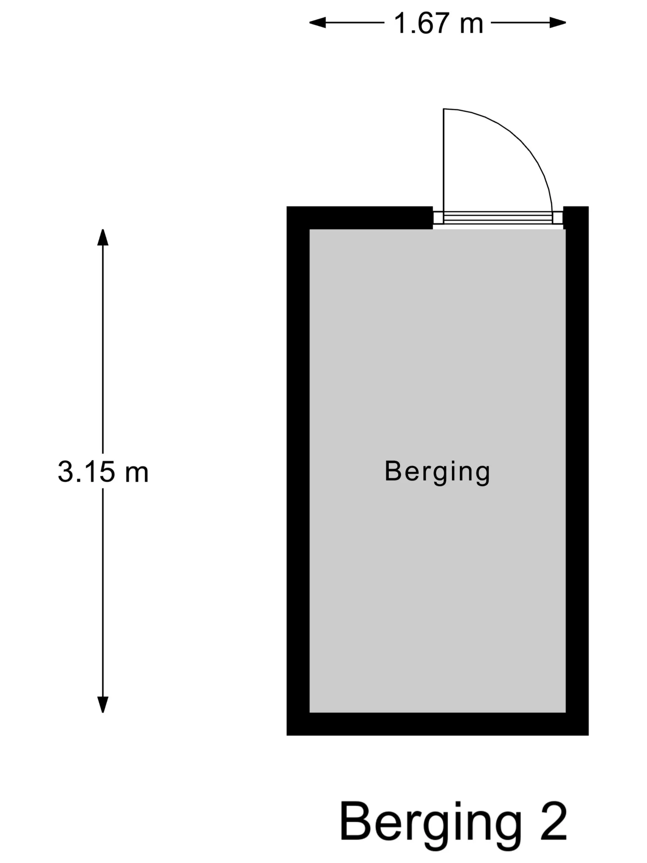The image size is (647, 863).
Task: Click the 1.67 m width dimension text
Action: click(x=438, y=23)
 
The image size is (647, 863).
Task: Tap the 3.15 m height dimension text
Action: click(x=103, y=472)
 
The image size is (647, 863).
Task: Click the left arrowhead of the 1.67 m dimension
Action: click(x=317, y=22)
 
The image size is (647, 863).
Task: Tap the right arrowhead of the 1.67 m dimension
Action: click(x=558, y=22)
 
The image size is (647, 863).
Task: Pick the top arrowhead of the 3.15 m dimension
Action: click(x=103, y=237)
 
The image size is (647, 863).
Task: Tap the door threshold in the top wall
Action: click(x=498, y=218)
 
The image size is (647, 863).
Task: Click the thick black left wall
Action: click(x=298, y=471)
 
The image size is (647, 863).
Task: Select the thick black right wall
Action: click(x=577, y=471)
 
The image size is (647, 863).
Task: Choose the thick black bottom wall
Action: click(x=437, y=724)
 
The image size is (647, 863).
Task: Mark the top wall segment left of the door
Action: click(x=360, y=218)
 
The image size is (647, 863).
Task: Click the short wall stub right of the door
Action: click(x=576, y=218)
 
